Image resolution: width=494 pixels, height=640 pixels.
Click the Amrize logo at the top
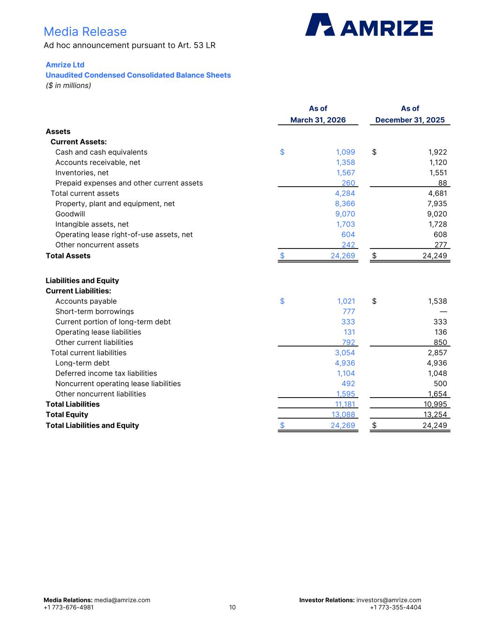pos(369,25)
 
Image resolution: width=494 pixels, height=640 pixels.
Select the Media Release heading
pos(85,31)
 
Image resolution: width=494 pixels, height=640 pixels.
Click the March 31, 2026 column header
pos(318,120)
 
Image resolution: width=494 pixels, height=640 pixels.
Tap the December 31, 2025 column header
pos(410,120)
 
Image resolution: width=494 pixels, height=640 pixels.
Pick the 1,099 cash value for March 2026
pos(345,152)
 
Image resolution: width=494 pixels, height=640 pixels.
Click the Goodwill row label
pos(70,214)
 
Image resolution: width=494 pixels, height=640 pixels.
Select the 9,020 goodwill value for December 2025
pos(437,214)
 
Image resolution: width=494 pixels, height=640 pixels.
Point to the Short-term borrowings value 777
pos(349,311)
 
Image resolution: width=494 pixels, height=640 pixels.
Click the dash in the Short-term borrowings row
pos(443,312)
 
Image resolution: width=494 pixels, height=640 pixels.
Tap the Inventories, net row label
pos(82,173)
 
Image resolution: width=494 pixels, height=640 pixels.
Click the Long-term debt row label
pos(82,363)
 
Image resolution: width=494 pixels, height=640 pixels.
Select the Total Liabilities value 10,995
pos(435,404)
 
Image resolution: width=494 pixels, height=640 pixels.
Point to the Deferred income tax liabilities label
pos(106,373)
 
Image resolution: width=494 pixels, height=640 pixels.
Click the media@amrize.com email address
pos(122,600)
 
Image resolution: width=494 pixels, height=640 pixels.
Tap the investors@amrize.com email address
pos(389,600)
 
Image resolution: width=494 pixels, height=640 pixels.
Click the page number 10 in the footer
pos(232,608)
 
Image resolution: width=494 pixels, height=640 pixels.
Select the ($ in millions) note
pos(68,85)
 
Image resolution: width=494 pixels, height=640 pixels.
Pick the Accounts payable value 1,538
pos(437,301)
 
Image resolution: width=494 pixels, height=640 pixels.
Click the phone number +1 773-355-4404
pos(395,608)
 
